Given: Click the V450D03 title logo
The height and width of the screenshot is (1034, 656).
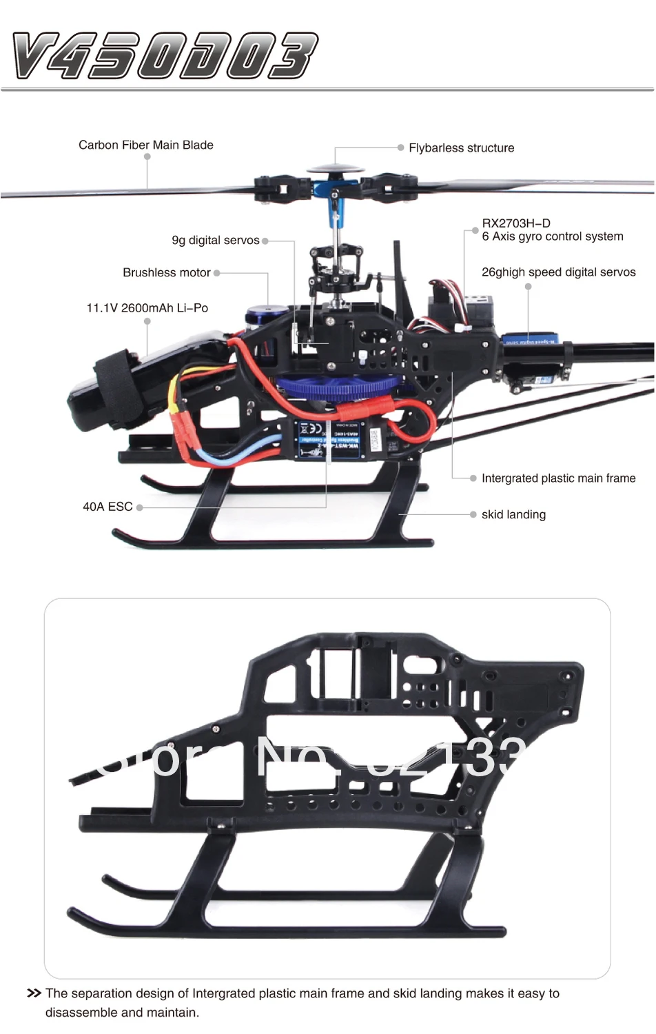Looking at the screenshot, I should [x=165, y=55].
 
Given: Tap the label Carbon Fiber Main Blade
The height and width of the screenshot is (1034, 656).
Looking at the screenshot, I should [x=146, y=145].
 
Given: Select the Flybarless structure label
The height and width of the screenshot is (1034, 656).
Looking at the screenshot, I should [x=461, y=148].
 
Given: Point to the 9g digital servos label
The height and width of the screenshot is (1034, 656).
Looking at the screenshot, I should [x=215, y=240].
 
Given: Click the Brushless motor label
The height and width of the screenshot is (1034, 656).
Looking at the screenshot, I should [x=166, y=272].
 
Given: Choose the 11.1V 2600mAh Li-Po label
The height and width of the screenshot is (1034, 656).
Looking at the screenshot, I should [x=147, y=307].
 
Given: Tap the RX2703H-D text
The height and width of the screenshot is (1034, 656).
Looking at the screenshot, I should [x=516, y=223].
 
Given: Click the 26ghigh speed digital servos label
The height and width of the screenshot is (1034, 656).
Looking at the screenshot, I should [x=558, y=272].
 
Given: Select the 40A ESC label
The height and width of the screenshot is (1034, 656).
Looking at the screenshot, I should [x=107, y=506].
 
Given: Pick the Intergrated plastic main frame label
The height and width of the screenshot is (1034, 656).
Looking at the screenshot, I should [x=558, y=478].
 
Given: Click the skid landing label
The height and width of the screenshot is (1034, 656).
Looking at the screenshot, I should [x=513, y=514].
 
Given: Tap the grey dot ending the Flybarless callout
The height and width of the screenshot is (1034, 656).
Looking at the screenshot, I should [x=400, y=148].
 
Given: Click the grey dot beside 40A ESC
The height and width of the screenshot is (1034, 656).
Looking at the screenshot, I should [x=140, y=507].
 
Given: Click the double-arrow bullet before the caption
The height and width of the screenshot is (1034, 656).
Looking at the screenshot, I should [x=33, y=993].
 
